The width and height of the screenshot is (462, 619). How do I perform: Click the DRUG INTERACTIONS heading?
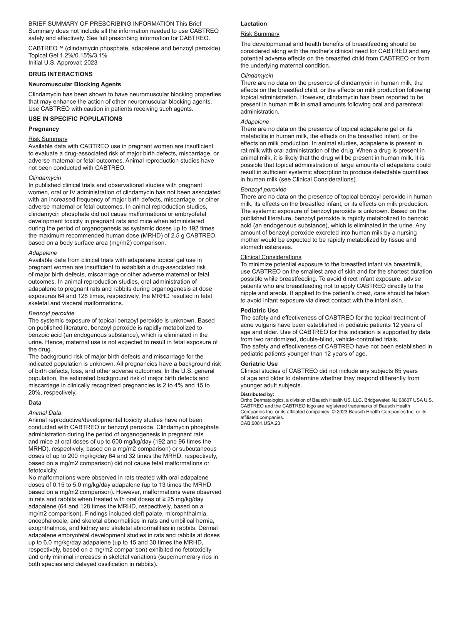click(60, 74)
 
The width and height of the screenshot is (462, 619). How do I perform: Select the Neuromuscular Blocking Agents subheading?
click(75, 84)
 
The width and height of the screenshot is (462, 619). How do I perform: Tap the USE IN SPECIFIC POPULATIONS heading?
click(75, 119)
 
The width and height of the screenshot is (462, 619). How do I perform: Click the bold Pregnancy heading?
click(44, 129)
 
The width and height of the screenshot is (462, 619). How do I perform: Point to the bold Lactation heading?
click(254, 24)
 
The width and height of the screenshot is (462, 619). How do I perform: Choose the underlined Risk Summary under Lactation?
click(260, 34)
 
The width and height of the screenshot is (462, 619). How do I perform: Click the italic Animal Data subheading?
click(45, 413)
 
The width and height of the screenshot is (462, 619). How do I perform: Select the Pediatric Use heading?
click(259, 311)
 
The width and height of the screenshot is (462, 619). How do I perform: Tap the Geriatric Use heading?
click(259, 364)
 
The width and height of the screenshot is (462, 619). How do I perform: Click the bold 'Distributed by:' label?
click(257, 394)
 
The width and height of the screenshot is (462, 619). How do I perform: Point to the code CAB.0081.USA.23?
click(260, 423)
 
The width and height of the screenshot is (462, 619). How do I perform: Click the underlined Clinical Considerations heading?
click(271, 257)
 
